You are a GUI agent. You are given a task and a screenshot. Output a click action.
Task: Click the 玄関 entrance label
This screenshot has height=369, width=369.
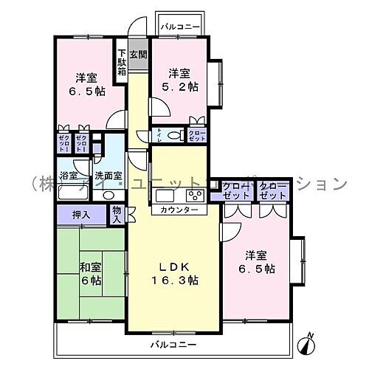[137, 54]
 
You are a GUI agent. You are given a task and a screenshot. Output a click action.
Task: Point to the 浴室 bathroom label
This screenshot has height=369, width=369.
[69, 176]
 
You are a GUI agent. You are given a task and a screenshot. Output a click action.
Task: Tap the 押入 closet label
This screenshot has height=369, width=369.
[81, 215]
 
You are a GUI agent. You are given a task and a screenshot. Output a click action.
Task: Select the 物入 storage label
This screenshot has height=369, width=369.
[117, 215]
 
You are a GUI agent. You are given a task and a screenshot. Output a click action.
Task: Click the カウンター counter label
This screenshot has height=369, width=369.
[179, 210]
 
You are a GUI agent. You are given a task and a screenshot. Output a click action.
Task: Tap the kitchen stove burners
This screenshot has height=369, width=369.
[196, 196]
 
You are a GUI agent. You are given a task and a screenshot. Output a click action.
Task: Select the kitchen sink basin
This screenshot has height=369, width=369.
[165, 196]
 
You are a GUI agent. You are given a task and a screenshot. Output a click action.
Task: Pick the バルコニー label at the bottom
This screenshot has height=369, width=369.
[174, 345]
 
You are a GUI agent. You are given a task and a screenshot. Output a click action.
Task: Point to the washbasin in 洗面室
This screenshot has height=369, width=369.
[108, 195]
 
